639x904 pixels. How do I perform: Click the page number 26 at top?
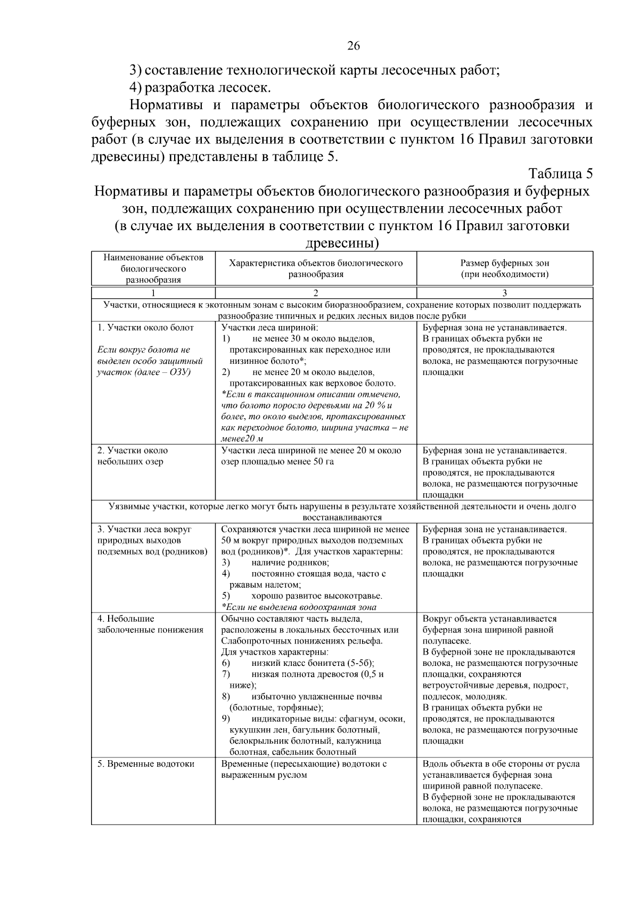point(354,46)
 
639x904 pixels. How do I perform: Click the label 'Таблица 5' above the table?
point(560,174)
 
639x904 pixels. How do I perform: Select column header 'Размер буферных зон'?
point(504,263)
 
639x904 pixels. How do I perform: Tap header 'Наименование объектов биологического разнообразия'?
point(153,268)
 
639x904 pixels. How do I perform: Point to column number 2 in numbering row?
point(315,293)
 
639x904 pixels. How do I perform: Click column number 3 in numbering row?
point(504,293)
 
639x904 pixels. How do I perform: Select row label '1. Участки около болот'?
point(145,328)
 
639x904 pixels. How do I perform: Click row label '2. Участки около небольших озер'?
point(132,456)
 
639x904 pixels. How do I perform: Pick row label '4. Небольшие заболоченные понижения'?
point(150,624)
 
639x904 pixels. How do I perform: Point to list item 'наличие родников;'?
point(290,563)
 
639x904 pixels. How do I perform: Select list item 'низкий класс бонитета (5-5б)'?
point(313,663)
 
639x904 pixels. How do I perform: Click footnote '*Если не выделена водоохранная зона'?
point(299,607)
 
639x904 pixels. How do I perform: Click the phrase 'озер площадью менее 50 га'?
point(277,461)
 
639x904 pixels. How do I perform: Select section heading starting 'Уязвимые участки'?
point(342,507)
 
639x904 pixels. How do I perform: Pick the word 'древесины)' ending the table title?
point(342,243)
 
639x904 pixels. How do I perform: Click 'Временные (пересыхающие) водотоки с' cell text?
point(304,764)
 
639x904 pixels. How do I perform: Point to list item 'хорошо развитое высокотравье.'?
point(317,596)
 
